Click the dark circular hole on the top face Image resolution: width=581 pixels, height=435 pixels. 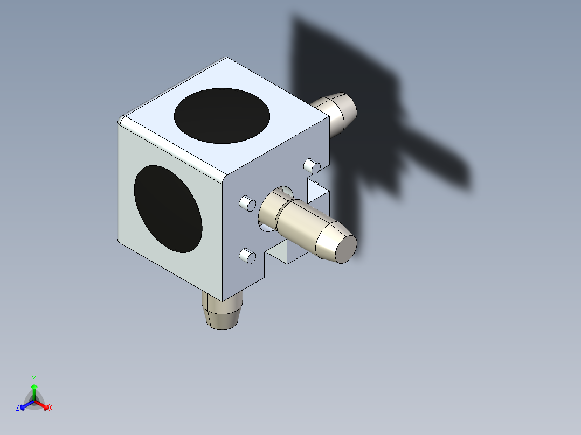point(222,116)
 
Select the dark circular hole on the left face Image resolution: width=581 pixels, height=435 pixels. point(168,209)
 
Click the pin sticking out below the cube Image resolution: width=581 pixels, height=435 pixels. point(222,312)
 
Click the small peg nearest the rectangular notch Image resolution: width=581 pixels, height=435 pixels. point(311,165)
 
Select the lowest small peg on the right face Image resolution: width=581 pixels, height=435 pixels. point(247,256)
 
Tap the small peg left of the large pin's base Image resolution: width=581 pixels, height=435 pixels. point(247,204)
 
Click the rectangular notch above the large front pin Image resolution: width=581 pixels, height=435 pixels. point(317,191)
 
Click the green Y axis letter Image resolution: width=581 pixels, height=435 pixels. point(33,378)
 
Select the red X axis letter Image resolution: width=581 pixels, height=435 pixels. point(51,408)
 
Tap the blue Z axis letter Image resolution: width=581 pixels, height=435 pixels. point(18,408)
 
